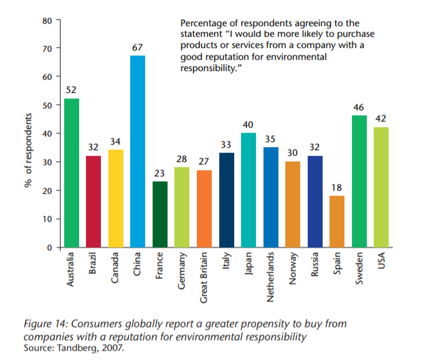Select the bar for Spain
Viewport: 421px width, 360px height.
[x=336, y=222]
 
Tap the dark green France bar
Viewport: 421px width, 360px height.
[x=160, y=214]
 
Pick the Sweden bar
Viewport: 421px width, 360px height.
[x=359, y=181]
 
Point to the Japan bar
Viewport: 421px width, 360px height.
[x=248, y=190]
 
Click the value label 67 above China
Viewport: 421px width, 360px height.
[x=138, y=47]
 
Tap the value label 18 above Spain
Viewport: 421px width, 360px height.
[x=336, y=187]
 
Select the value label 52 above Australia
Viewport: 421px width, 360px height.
[x=71, y=90]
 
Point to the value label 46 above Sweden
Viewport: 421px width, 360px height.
[x=359, y=107]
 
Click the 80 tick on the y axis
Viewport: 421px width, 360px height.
[x=48, y=20]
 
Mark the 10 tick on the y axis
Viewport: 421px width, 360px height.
[x=48, y=219]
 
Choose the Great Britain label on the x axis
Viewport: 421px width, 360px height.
[x=204, y=277]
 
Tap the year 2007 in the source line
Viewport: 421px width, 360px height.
[x=112, y=348]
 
